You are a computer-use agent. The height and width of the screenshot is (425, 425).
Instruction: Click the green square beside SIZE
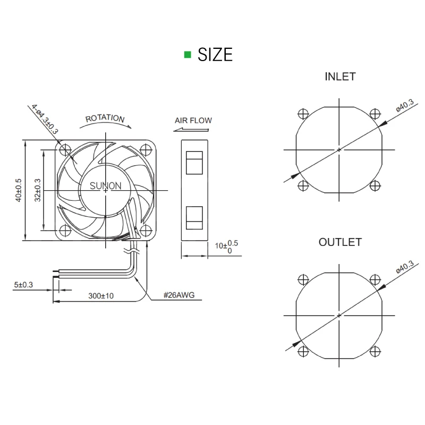(x=187, y=54)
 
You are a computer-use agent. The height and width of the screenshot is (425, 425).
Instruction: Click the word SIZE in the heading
(x=215, y=54)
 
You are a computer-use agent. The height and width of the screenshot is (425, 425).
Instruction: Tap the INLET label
(x=340, y=76)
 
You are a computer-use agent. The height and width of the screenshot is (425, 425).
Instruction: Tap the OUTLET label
(x=340, y=242)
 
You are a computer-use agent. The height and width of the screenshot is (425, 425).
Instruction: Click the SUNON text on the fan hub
(x=105, y=186)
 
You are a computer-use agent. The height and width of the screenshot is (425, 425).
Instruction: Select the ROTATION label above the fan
(x=105, y=118)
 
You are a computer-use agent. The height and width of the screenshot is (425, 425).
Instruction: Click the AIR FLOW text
(x=193, y=120)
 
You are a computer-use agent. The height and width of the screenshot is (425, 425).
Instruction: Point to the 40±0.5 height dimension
(x=19, y=190)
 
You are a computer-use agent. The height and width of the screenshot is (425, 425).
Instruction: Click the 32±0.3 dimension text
(x=37, y=190)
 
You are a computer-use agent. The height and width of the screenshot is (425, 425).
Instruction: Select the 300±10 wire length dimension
(x=101, y=295)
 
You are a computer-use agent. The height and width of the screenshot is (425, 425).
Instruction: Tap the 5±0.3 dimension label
(x=23, y=285)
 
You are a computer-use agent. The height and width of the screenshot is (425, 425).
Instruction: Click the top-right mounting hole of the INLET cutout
(x=375, y=113)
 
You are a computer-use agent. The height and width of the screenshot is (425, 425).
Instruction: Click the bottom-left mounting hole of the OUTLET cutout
(x=303, y=351)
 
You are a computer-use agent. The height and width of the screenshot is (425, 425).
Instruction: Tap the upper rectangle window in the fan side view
(x=193, y=163)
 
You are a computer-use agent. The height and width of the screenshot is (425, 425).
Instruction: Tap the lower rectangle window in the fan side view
(x=193, y=218)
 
